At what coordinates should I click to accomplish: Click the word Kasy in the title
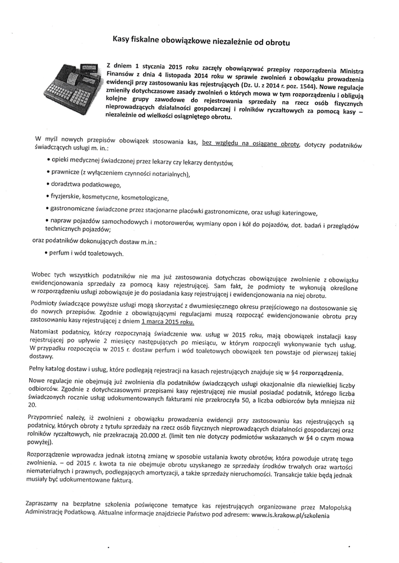[x=122, y=39]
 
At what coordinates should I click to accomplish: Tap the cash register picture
[x=73, y=88]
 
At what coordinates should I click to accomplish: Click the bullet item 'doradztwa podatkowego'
[x=86, y=186]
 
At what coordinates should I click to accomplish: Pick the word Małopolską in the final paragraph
[x=339, y=506]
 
